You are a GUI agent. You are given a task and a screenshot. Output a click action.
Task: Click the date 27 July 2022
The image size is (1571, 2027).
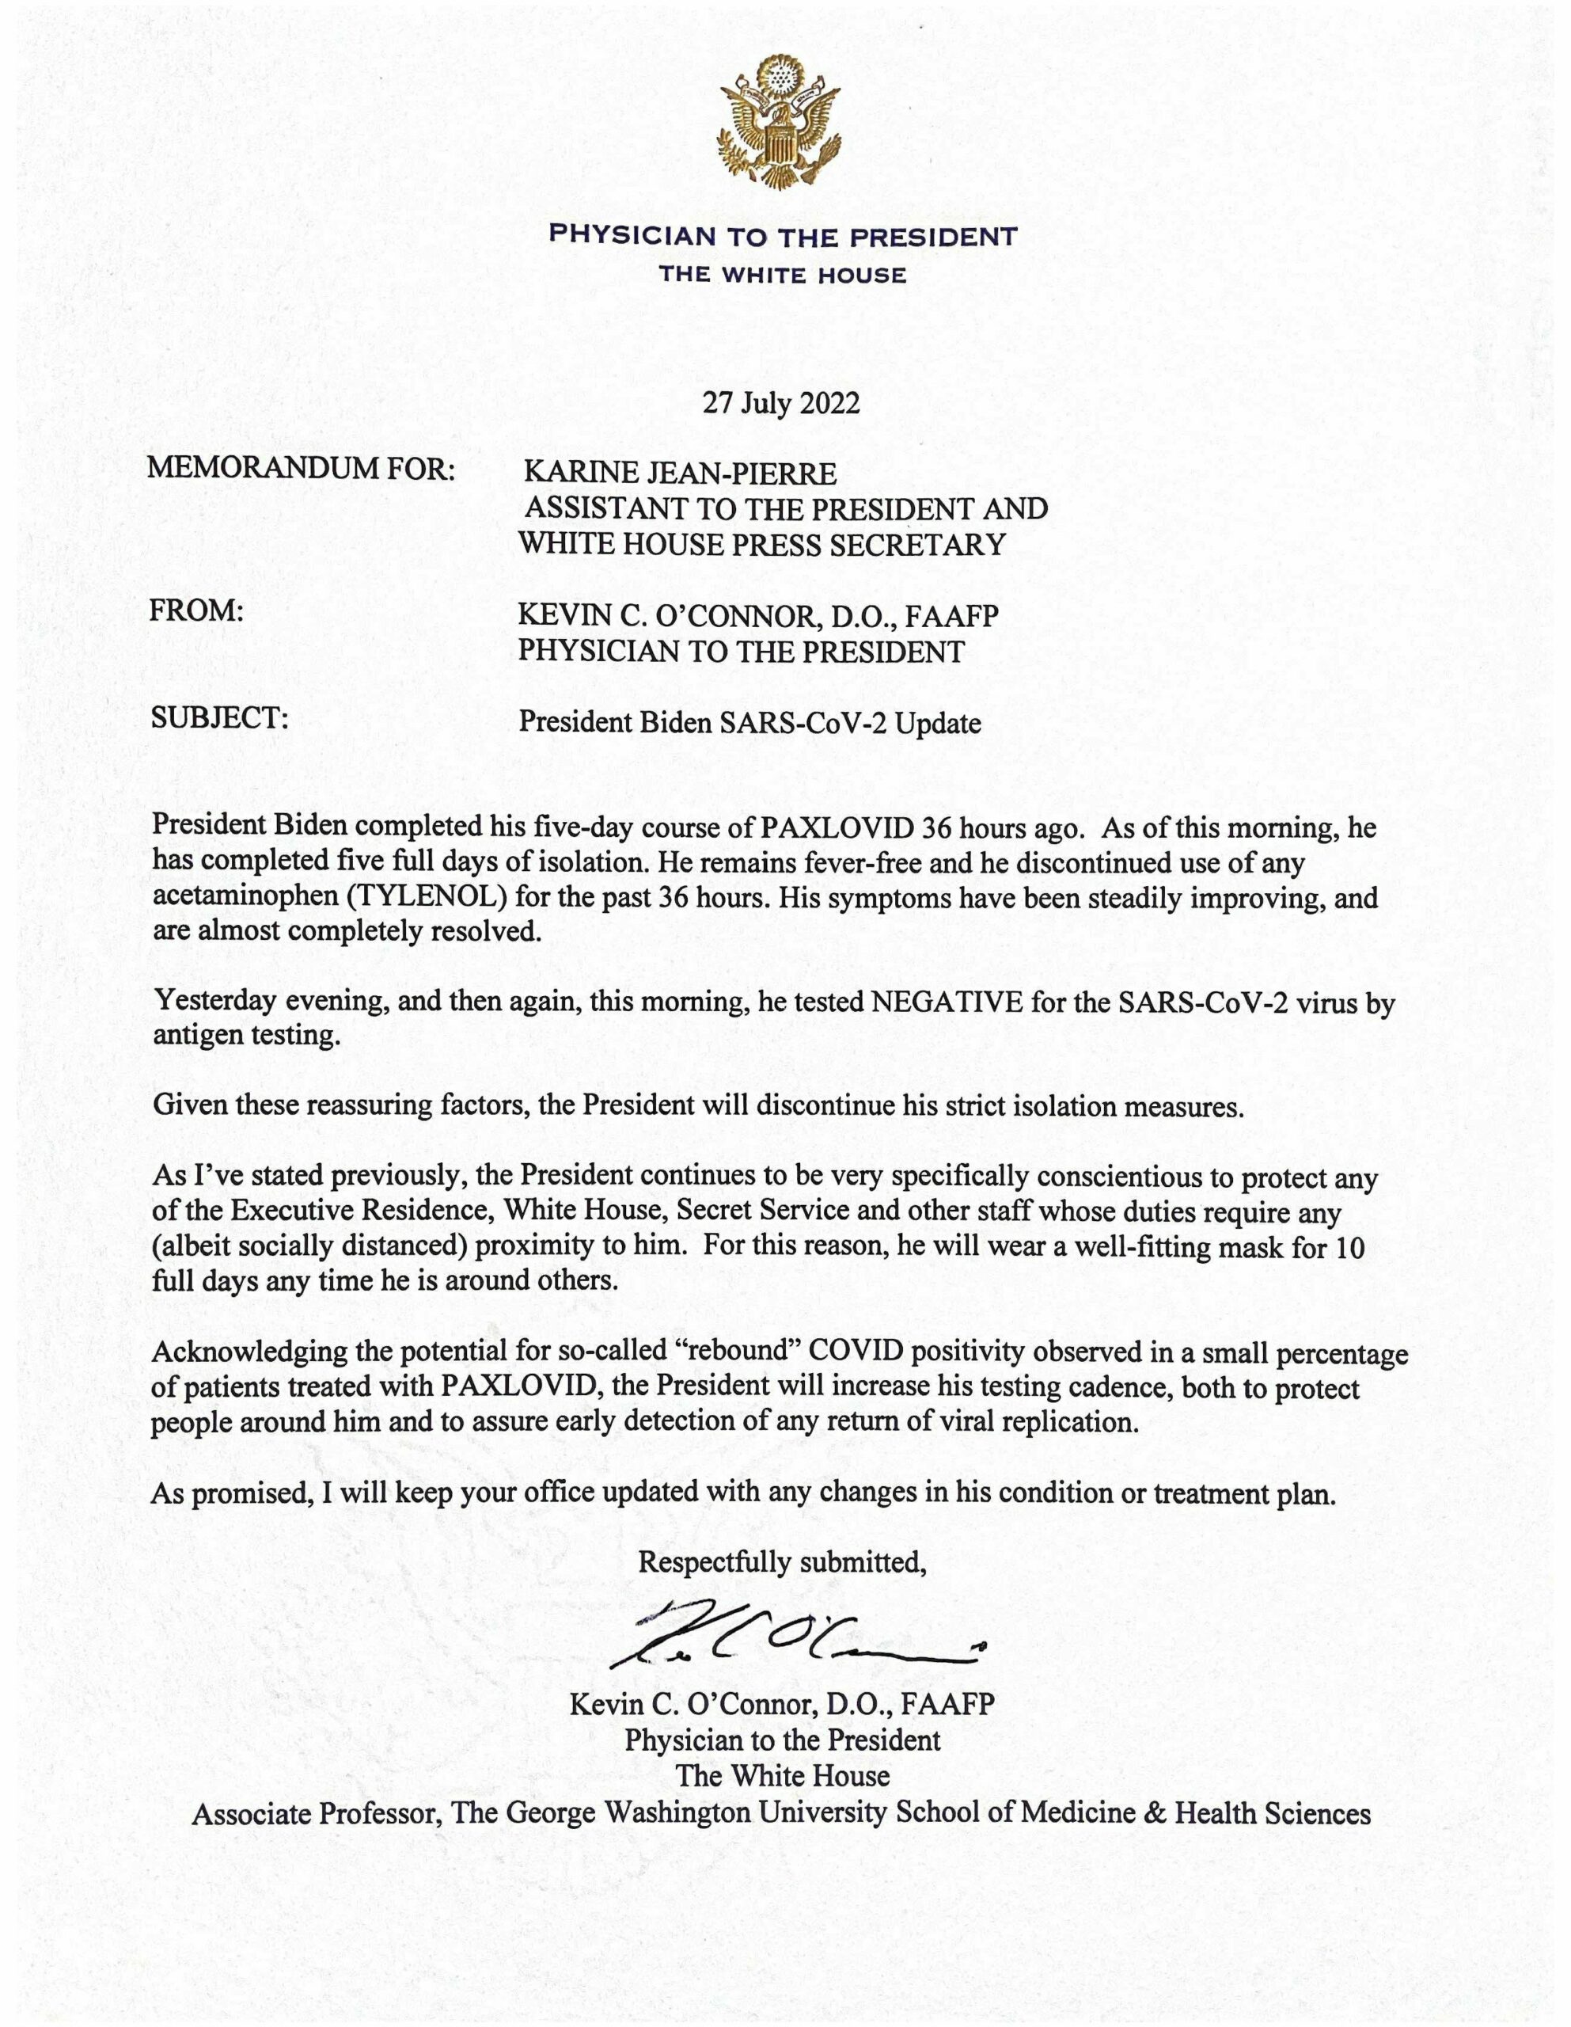pos(780,403)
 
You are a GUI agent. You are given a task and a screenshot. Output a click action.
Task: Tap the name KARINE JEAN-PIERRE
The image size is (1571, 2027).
pos(680,474)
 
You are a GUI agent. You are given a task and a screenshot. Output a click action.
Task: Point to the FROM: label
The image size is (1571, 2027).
pos(195,610)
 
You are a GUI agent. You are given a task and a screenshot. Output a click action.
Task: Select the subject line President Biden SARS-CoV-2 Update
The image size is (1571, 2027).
pos(749,722)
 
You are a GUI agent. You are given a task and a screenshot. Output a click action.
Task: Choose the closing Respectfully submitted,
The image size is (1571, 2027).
pos(782,1564)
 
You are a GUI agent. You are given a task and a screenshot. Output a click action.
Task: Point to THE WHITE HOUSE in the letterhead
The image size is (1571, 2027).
pos(782,276)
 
